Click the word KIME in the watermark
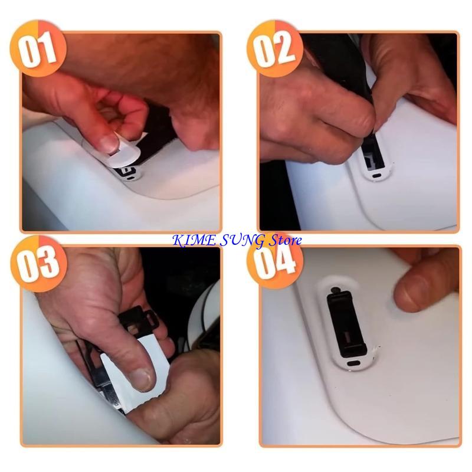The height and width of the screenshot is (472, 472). (x=188, y=240)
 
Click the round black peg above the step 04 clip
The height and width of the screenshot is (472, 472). (x=335, y=289)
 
